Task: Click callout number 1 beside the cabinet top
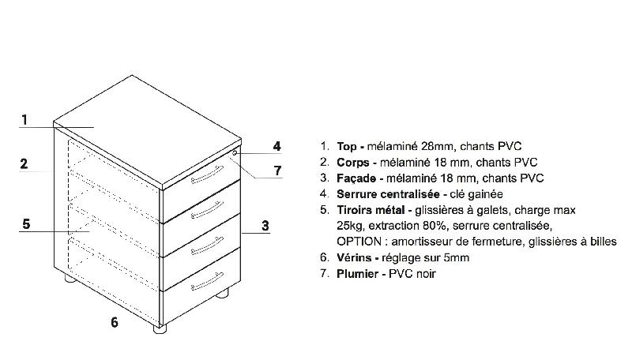click(25, 120)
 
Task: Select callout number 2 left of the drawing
click(24, 164)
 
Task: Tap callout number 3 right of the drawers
click(266, 226)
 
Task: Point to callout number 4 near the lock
click(277, 146)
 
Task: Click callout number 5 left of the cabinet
click(26, 224)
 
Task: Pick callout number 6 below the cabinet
click(114, 322)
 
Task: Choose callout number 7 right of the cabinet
click(277, 171)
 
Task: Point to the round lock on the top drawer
click(234, 152)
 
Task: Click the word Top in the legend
click(346, 146)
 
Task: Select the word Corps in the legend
click(352, 162)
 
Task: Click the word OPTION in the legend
click(358, 241)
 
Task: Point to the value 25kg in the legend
click(351, 225)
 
